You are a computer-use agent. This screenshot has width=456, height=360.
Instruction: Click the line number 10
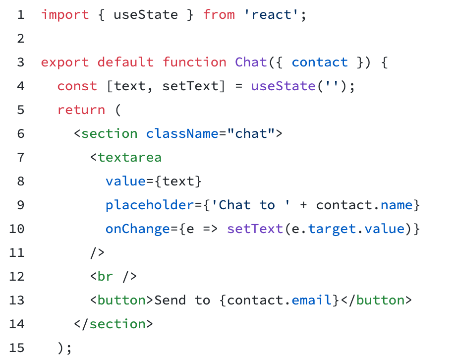(x=16, y=229)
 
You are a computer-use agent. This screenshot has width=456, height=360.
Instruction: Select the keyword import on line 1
(x=65, y=15)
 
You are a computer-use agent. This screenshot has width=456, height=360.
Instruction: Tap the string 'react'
(x=271, y=15)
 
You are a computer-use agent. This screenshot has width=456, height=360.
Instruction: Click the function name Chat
(x=251, y=62)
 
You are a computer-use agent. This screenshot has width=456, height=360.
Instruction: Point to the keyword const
(x=77, y=86)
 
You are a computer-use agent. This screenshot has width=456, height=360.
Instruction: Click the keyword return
(x=81, y=110)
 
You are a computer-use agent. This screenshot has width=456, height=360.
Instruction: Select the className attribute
(x=182, y=134)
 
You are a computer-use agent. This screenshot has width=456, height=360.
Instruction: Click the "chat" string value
(x=251, y=134)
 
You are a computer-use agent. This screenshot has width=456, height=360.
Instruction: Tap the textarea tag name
(x=130, y=158)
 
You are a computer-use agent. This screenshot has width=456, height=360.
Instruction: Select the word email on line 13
(x=312, y=300)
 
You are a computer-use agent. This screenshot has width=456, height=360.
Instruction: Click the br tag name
(x=106, y=277)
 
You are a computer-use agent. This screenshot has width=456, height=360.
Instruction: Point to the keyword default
(x=125, y=62)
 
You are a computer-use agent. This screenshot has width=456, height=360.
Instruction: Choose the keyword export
(x=65, y=62)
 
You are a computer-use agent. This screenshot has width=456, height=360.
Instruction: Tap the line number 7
(x=20, y=158)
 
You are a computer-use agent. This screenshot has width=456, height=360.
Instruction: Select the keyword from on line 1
(x=219, y=15)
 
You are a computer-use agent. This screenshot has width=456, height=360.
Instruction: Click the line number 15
(x=16, y=348)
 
